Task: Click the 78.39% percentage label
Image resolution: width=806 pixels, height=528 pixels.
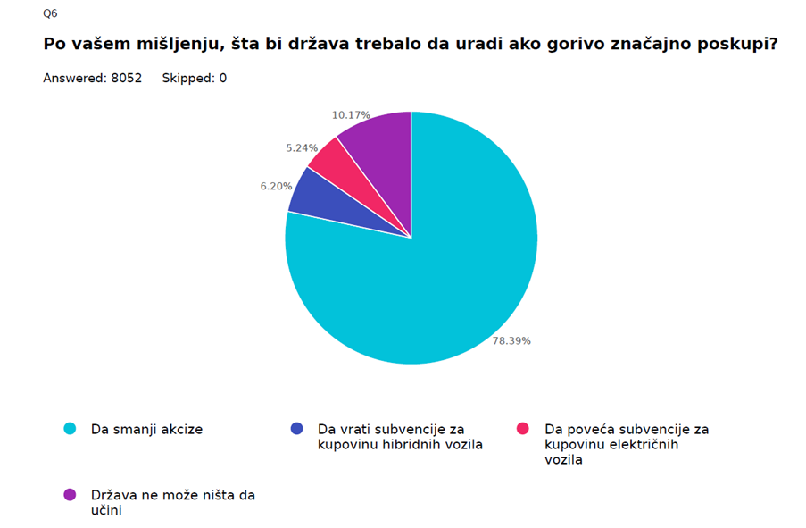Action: (x=511, y=340)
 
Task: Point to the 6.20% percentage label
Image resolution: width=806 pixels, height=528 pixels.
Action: (x=275, y=186)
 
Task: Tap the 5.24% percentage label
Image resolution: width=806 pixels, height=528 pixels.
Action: (x=302, y=147)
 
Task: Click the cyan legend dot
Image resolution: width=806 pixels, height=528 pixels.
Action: (x=70, y=429)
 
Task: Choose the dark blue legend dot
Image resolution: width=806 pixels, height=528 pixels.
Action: (x=296, y=429)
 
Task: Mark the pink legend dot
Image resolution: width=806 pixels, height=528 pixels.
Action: (x=524, y=429)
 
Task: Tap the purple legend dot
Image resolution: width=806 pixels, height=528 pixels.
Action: (x=70, y=494)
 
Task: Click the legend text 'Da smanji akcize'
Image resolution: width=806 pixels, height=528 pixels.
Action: (x=146, y=429)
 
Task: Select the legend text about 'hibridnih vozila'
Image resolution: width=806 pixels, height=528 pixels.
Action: (x=399, y=437)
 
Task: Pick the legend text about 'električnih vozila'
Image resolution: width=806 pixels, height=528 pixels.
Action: (x=626, y=444)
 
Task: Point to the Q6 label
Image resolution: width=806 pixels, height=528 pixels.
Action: (x=50, y=13)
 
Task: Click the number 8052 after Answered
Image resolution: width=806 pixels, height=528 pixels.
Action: (x=125, y=79)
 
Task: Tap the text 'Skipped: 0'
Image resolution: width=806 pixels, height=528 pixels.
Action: (x=194, y=79)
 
